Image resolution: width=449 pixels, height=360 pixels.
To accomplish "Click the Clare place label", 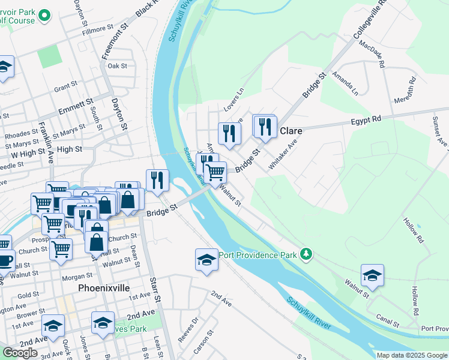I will click(x=291, y=131).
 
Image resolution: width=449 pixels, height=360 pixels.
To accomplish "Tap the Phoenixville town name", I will click(x=104, y=288).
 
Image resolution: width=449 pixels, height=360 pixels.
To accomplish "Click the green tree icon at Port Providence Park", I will click(x=307, y=254).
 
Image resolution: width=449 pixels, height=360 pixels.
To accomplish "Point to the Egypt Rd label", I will click(x=366, y=120).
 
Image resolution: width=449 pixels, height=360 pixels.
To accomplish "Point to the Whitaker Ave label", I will click(x=283, y=155).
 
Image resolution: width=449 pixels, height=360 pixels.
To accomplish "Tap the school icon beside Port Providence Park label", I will click(x=206, y=260).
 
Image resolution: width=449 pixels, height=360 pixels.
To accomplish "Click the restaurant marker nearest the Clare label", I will click(x=264, y=127).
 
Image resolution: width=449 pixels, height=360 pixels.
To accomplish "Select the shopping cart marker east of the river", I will click(x=215, y=173).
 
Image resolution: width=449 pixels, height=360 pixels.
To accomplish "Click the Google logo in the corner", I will click(x=20, y=353).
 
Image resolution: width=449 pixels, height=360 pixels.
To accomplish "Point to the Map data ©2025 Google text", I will click(x=411, y=355).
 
